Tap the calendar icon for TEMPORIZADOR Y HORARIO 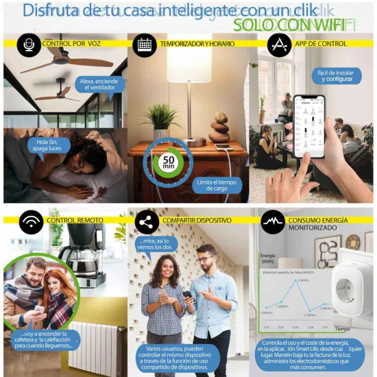point(144,44)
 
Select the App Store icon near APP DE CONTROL point(278,44)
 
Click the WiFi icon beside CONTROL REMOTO point(29,221)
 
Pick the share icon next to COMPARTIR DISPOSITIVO point(145,221)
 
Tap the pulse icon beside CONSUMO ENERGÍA point(272,221)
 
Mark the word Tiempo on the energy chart point(342,329)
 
